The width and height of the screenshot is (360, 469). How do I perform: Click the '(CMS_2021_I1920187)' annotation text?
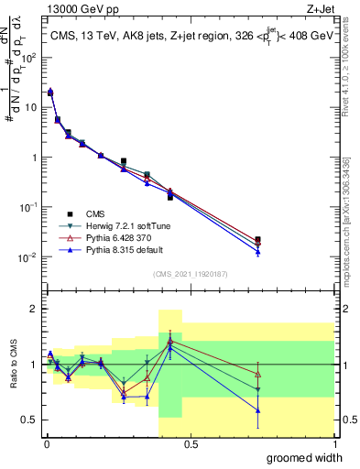[x=190, y=273]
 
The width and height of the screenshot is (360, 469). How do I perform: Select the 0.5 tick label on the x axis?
[x=190, y=444]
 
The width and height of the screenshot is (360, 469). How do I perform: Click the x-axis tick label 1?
[x=334, y=444]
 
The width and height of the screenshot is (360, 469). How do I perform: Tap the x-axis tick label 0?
[x=45, y=444]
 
